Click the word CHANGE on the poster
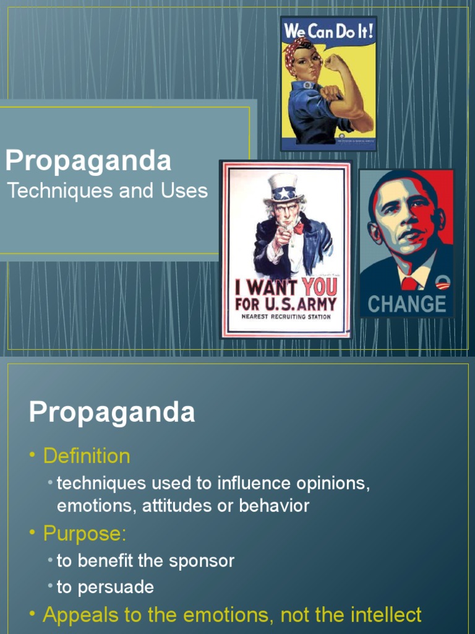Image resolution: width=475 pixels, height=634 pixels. click(x=406, y=303)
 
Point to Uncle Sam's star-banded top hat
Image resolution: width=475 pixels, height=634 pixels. click(x=284, y=188)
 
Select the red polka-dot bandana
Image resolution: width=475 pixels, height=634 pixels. click(x=296, y=47)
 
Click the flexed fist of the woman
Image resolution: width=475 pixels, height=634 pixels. click(x=335, y=62)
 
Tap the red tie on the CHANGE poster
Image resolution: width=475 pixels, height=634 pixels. click(x=409, y=284)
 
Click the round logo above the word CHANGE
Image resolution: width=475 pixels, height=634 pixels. click(x=442, y=282)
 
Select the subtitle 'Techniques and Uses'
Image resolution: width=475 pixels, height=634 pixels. click(x=108, y=191)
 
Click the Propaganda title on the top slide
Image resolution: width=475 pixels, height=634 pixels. click(x=88, y=161)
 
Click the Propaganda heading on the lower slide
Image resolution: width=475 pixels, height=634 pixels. click(x=112, y=412)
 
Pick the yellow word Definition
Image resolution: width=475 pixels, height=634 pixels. click(x=87, y=456)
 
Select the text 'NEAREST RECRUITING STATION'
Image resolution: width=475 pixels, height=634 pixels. click(x=286, y=316)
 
